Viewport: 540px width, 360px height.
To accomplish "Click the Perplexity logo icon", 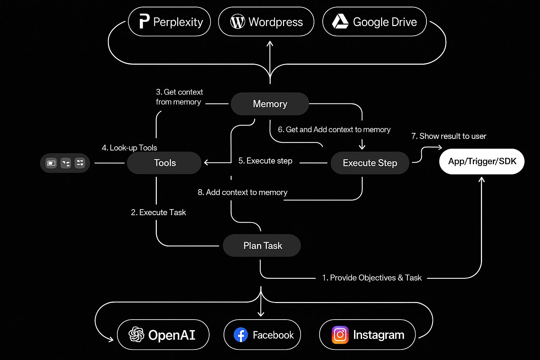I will pyautogui.click(x=144, y=21).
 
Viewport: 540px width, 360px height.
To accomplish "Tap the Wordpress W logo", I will pyautogui.click(x=238, y=22).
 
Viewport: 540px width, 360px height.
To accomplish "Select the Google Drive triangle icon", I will pyautogui.click(x=340, y=21).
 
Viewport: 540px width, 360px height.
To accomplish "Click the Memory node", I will pyautogui.click(x=270, y=104).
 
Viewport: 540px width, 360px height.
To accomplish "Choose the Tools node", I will pyautogui.click(x=165, y=163).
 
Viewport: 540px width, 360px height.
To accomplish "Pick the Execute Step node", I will pyautogui.click(x=370, y=163).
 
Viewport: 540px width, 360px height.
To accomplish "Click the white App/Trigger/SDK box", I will pyautogui.click(x=482, y=161).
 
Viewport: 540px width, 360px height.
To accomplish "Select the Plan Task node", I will pyautogui.click(x=262, y=245).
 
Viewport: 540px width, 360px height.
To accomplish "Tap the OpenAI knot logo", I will pyautogui.click(x=136, y=334).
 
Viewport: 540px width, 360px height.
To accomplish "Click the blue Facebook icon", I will pyautogui.click(x=241, y=335).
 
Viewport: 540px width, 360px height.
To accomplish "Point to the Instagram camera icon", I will pyautogui.click(x=340, y=335).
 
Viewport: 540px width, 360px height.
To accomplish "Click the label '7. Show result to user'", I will pyautogui.click(x=449, y=136).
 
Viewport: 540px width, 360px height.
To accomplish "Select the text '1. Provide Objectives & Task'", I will pyautogui.click(x=372, y=278).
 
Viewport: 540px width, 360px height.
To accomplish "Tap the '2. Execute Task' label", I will pyautogui.click(x=158, y=212).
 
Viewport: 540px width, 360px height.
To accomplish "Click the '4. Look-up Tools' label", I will pyautogui.click(x=129, y=148).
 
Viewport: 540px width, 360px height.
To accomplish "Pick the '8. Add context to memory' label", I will pyautogui.click(x=242, y=192).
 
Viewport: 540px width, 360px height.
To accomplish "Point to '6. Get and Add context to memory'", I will pyautogui.click(x=334, y=129).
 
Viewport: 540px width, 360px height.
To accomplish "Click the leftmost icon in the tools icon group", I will pyautogui.click(x=51, y=163).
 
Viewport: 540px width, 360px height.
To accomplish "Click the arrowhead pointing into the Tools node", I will pyautogui.click(x=206, y=162).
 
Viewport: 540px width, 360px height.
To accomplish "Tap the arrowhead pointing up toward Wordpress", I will pyautogui.click(x=270, y=44).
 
